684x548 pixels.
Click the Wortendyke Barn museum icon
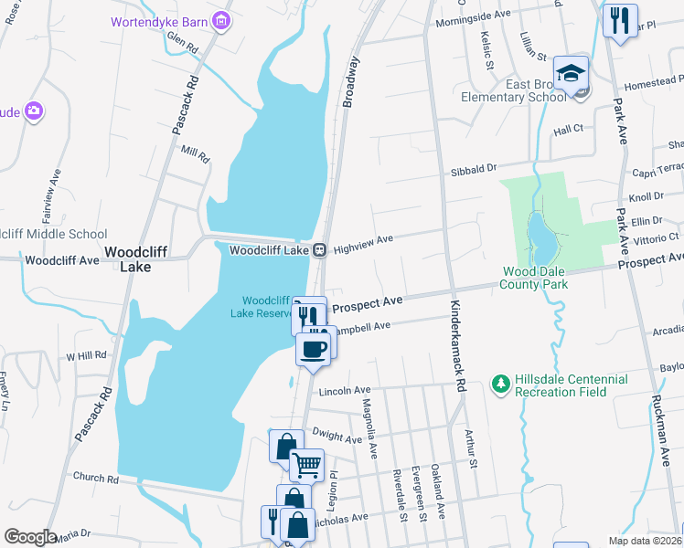click(x=220, y=20)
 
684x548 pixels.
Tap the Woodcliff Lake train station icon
click(x=319, y=249)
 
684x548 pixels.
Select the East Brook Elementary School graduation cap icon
click(x=571, y=72)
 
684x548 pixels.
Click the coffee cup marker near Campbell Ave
click(x=313, y=348)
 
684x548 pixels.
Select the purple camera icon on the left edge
click(x=34, y=111)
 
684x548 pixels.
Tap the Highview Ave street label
click(x=363, y=243)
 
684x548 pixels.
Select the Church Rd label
click(x=96, y=477)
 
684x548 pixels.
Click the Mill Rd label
click(x=196, y=153)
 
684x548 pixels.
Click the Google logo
click(x=30, y=537)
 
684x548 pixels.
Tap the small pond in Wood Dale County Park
click(x=540, y=240)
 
